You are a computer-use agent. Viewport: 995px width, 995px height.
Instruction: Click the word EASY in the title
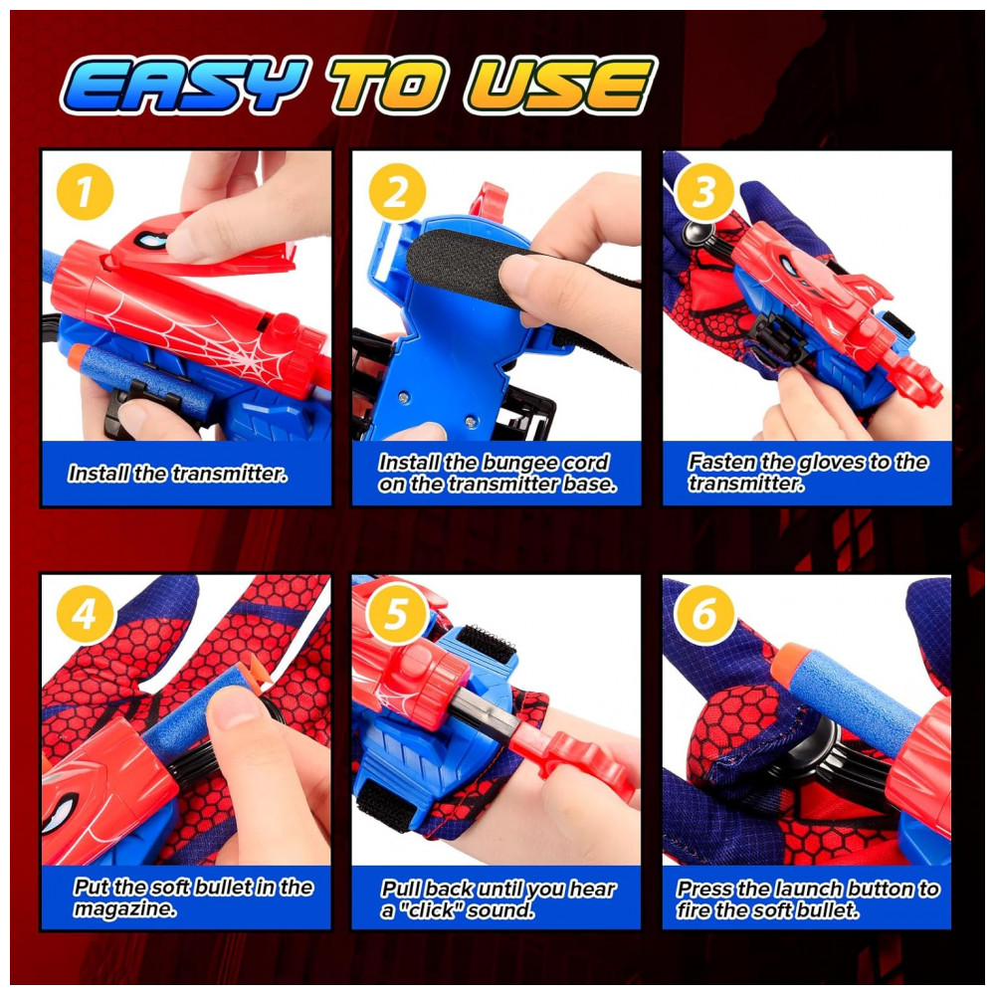184,85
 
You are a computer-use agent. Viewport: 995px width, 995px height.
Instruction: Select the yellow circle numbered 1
85,192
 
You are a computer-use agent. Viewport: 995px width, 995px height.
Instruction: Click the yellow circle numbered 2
397,192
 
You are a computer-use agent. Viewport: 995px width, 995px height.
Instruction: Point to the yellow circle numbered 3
704,192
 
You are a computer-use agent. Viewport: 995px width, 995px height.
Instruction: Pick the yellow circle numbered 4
85,614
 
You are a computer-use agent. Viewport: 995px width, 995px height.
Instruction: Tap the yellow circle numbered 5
397,614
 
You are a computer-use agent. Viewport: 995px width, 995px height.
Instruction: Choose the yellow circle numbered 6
704,614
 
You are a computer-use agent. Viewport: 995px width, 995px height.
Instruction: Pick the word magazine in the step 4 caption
124,909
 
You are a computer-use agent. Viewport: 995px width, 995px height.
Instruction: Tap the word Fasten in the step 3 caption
720,462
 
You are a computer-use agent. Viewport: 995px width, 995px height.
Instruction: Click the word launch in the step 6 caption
809,889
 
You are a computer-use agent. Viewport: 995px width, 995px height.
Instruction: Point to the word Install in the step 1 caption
99,474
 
